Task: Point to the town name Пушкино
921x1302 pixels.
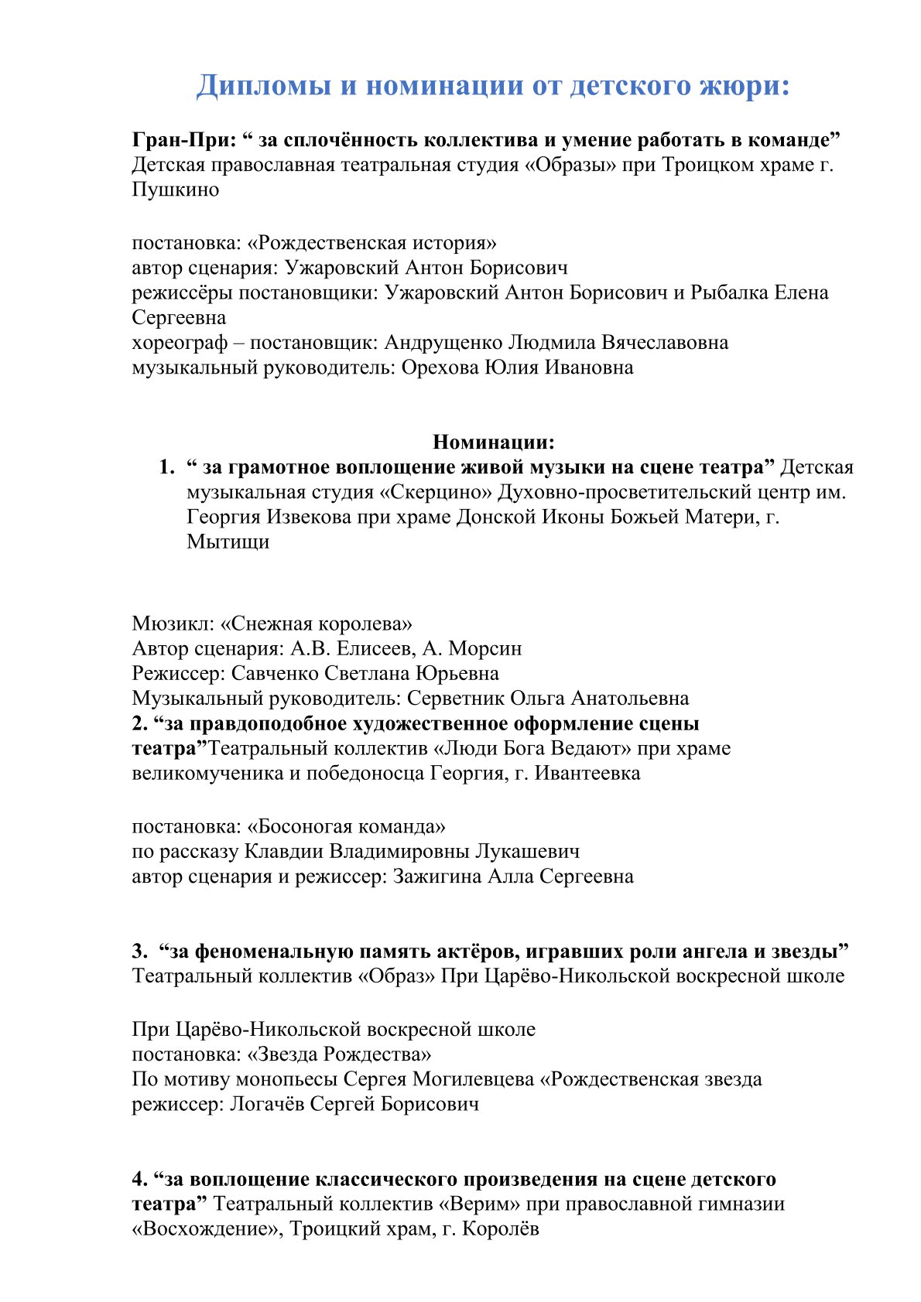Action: click(x=176, y=190)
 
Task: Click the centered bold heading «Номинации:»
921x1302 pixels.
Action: click(x=494, y=442)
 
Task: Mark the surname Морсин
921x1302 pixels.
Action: click(x=485, y=648)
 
